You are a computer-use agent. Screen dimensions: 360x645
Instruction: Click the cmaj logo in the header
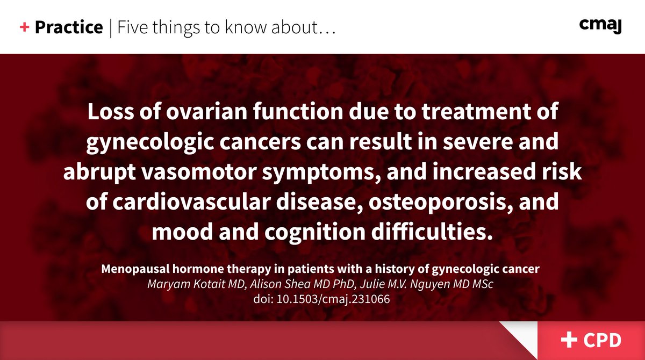(600, 25)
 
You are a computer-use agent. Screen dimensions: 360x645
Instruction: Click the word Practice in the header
(68, 27)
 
